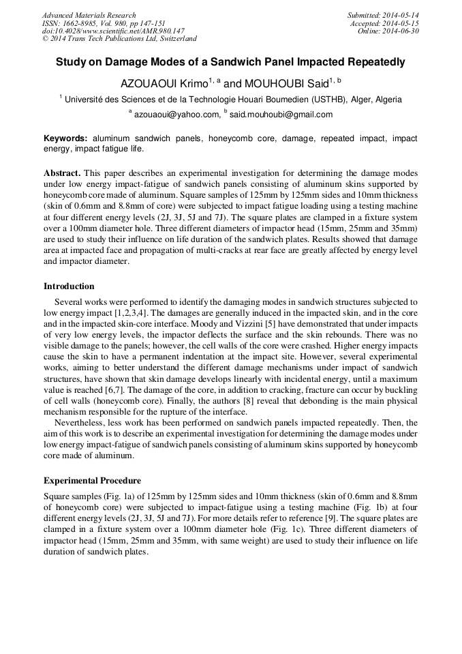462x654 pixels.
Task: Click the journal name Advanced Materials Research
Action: [89, 15]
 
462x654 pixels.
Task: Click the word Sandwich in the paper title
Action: [244, 62]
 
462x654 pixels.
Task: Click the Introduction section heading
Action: [69, 286]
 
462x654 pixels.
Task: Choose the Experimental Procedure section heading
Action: [92, 481]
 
